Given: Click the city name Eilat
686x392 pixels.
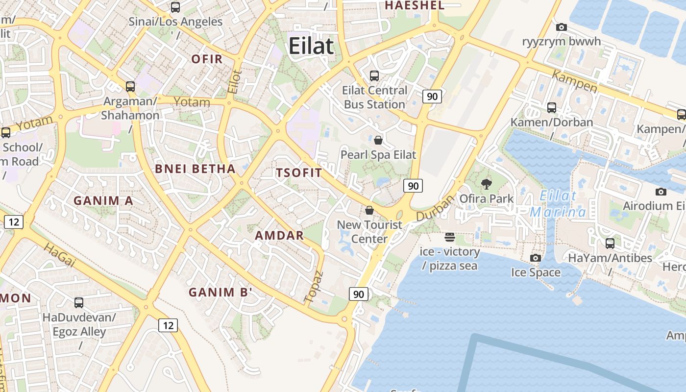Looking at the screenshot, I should click(311, 46).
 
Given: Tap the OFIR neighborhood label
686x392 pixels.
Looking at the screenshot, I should click(207, 59).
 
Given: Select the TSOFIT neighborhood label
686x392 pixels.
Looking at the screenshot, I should click(299, 172).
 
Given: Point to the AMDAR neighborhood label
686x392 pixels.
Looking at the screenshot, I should click(279, 235).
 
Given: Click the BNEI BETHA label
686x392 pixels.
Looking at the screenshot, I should click(196, 169).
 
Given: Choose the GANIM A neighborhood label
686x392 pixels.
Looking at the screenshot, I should click(103, 200).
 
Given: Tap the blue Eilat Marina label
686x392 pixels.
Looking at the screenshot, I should click(558, 204).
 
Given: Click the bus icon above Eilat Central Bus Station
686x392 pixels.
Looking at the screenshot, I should click(374, 75).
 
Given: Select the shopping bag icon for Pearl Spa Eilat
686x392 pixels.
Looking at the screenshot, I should click(378, 140).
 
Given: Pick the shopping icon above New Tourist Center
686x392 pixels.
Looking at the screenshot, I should click(369, 210).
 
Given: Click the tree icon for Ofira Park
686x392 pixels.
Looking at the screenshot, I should click(487, 184).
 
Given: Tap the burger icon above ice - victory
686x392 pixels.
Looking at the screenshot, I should click(450, 238).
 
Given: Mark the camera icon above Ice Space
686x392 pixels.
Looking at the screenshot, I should click(536, 258).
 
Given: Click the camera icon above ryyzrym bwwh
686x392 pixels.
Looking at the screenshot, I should click(562, 27).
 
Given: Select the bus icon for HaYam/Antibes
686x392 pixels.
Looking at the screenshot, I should click(610, 243).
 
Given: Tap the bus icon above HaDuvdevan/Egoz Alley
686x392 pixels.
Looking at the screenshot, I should click(79, 302).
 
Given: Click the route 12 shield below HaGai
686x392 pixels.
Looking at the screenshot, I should click(168, 325).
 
